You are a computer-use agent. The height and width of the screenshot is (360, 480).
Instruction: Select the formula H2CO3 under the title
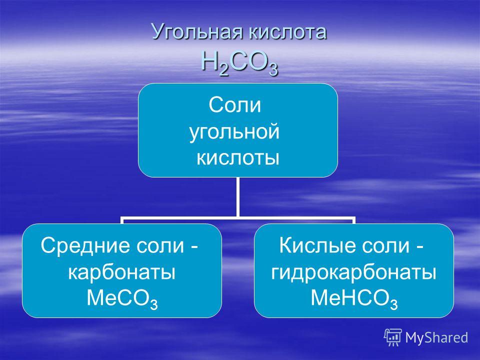239,63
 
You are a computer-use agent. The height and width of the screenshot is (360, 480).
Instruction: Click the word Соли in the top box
235,105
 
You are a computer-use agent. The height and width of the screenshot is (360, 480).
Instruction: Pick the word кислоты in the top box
238,158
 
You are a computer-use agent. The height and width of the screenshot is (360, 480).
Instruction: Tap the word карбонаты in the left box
122,272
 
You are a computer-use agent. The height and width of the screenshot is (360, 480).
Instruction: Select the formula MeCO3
122,298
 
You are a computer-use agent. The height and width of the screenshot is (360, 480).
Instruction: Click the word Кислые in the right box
314,245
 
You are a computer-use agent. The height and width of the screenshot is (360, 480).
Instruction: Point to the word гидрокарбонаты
353,272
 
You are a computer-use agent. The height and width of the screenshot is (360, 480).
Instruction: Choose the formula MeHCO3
354,298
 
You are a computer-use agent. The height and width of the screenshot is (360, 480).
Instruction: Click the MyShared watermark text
436,337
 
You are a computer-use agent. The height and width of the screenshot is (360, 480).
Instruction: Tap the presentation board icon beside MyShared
393,337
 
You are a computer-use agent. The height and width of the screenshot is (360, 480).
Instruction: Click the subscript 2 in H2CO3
224,70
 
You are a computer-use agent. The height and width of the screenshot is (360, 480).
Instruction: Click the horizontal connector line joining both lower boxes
237,218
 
